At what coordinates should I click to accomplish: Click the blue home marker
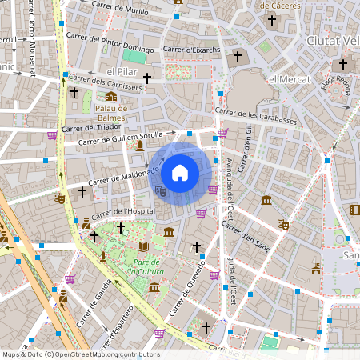point(180,172)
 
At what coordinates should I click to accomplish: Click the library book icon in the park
point(143,246)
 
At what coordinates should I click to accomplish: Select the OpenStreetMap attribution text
point(81,354)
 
